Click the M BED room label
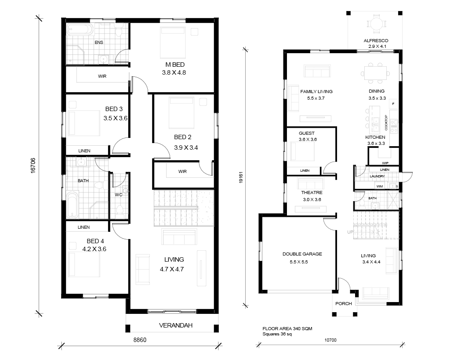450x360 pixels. [x=175, y=65]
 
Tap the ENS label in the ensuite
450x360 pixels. [x=99, y=43]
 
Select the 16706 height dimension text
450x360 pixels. [x=33, y=166]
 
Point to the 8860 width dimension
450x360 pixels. [x=140, y=340]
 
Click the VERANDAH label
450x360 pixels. [x=176, y=325]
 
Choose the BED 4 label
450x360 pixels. [x=95, y=241]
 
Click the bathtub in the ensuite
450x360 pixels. [x=80, y=30]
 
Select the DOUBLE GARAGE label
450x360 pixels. [x=302, y=254]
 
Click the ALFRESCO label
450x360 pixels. [x=376, y=41]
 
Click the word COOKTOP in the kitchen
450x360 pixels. [x=386, y=122]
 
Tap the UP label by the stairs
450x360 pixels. [x=350, y=232]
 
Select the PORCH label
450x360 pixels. [x=344, y=303]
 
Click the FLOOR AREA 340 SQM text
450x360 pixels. [x=287, y=329]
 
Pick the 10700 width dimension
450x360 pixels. [x=330, y=340]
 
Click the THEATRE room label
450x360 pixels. [x=312, y=193]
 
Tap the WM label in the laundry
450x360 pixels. [x=380, y=186]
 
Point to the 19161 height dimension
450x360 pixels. [x=241, y=177]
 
